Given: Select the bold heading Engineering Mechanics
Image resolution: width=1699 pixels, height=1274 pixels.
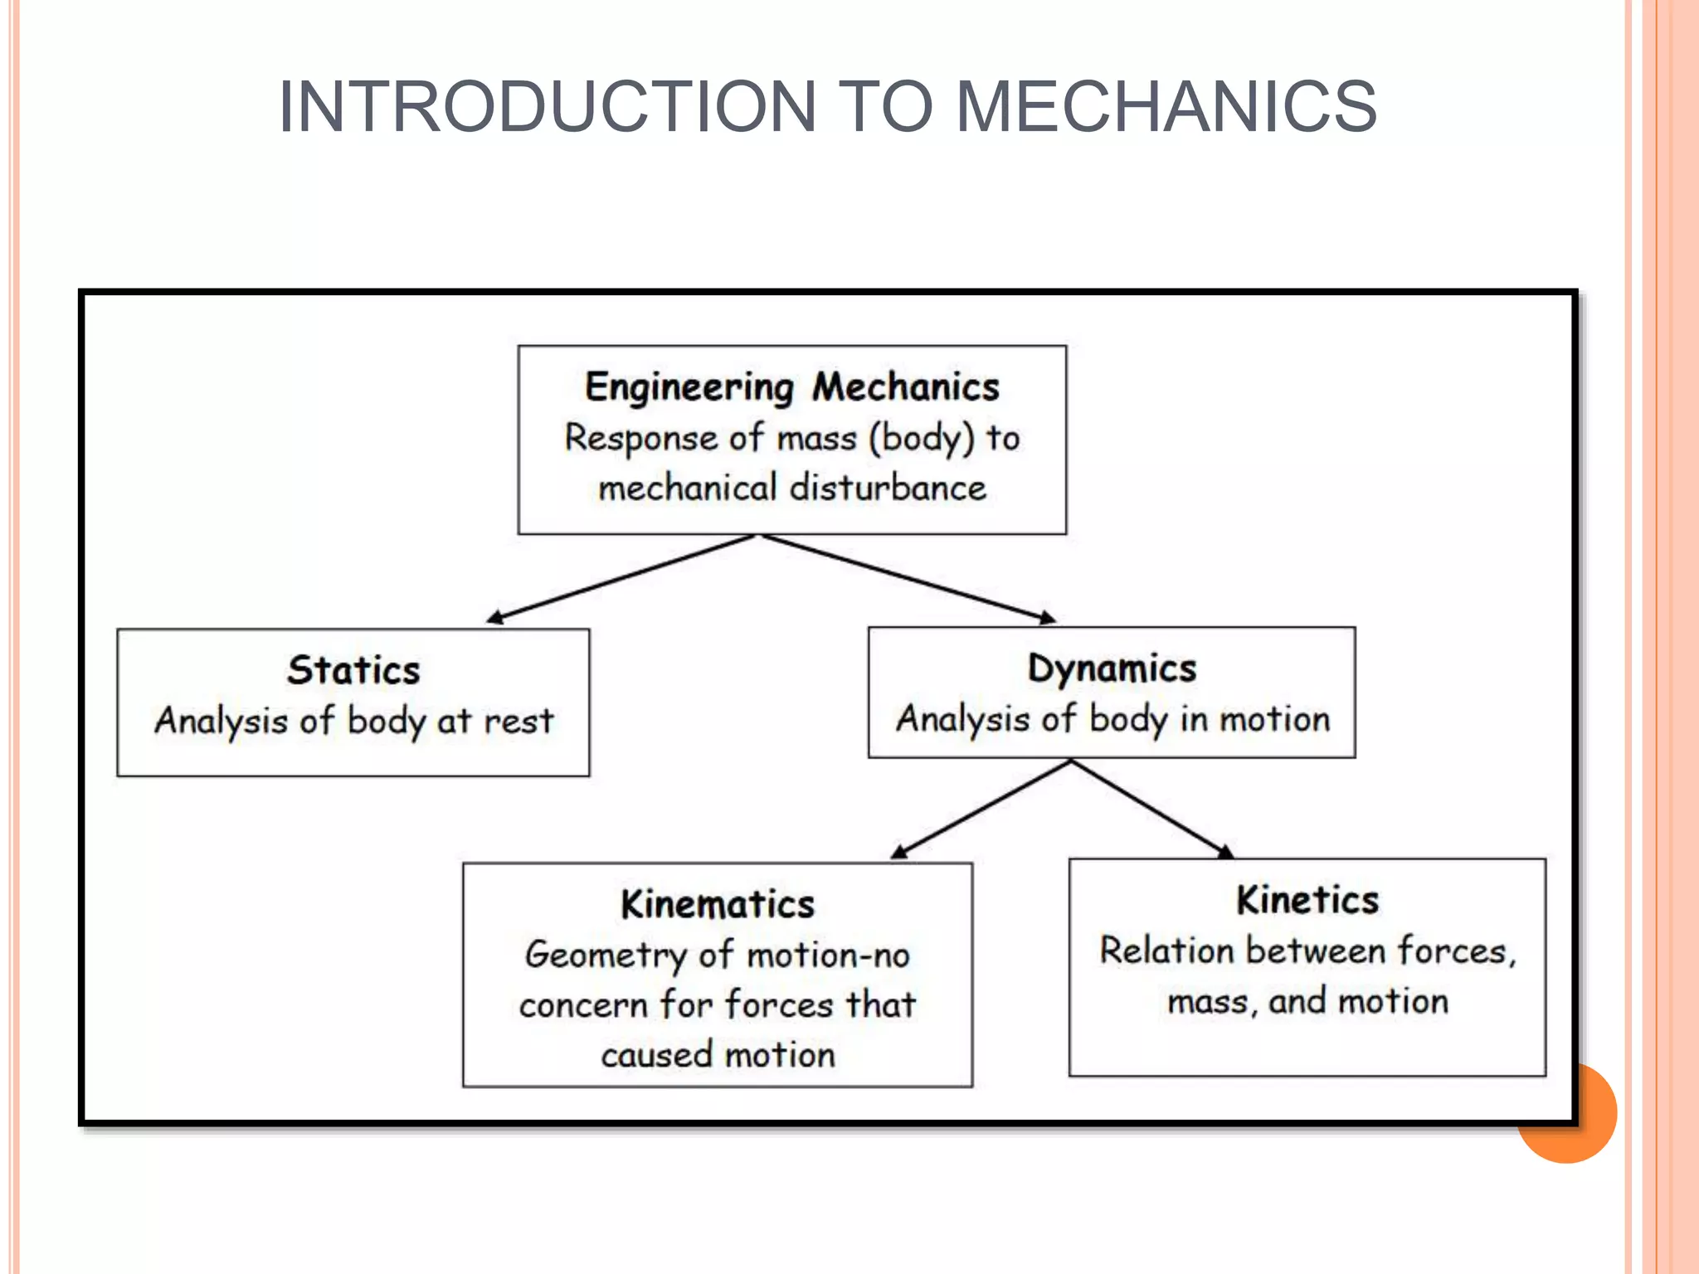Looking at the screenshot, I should click(x=792, y=387).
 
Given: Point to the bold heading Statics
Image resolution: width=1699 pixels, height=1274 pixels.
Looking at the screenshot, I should click(x=353, y=670).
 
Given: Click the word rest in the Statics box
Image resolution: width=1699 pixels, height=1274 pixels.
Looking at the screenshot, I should click(x=518, y=721).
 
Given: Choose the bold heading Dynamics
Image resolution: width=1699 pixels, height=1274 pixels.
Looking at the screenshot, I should click(x=1112, y=669).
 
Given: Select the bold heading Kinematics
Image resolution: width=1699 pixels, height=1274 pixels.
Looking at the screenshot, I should click(x=718, y=904).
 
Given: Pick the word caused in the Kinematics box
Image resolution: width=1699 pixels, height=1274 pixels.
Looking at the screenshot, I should click(x=657, y=1056).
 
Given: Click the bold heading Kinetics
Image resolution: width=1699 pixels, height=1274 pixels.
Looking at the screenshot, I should click(x=1307, y=900).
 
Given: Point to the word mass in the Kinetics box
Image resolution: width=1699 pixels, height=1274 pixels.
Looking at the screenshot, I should click(x=1208, y=1002).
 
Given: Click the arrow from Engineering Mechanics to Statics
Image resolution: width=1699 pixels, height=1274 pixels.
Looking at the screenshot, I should click(x=622, y=577).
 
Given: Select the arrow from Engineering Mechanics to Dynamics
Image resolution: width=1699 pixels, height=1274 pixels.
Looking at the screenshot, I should click(x=908, y=578).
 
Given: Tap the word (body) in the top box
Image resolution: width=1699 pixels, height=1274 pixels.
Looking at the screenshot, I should click(x=921, y=438).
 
